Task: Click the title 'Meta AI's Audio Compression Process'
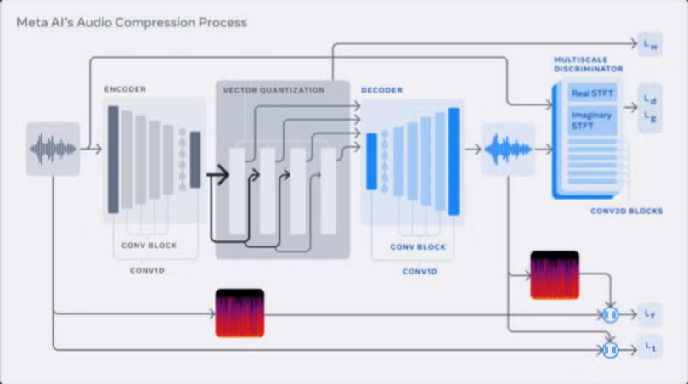(132, 22)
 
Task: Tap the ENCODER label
(125, 89)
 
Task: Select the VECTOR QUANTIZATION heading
(274, 90)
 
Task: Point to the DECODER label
(381, 90)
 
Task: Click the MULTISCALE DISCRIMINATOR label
(589, 64)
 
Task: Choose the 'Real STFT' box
(592, 93)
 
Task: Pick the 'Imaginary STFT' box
(592, 121)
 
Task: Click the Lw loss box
(650, 44)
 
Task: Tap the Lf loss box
(650, 314)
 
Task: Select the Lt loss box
(650, 347)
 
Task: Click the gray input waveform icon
(54, 150)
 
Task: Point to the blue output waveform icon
(508, 150)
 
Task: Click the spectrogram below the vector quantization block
(240, 313)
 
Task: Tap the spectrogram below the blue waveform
(555, 275)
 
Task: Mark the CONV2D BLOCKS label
(626, 211)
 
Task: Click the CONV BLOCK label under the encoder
(149, 246)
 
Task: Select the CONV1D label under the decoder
(420, 272)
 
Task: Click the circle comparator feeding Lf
(610, 314)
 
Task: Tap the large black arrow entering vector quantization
(218, 175)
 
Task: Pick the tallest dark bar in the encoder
(113, 160)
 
